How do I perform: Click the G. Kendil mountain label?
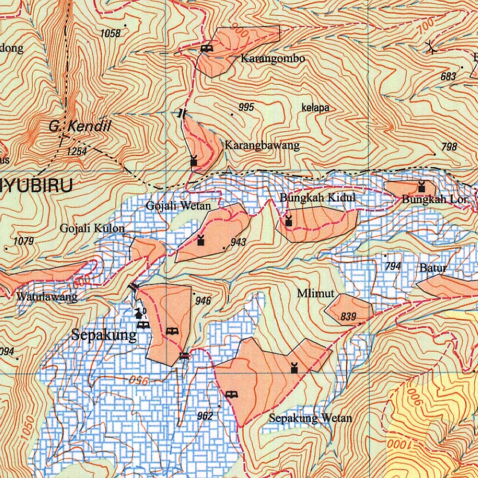pos(80,126)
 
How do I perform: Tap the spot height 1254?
pos(77,151)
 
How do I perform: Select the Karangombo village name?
pos(273,59)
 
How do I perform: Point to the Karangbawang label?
pos(262,145)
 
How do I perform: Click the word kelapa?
pos(316,108)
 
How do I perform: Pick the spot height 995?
pos(246,107)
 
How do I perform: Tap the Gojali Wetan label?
pos(178,205)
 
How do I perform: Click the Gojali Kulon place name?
pos(92,228)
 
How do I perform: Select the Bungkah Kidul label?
pos(317,197)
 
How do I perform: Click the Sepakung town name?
pos(105,335)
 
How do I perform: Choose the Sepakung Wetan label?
pos(310,418)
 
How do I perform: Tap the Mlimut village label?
pos(316,294)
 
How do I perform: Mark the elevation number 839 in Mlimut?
pos(348,317)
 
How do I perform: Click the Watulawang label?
pos(47,297)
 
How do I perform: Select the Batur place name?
pos(433,268)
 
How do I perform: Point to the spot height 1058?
pos(110,33)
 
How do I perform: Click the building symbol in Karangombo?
pos(206,48)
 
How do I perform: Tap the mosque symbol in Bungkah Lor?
pos(422,187)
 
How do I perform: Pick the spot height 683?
pos(448,77)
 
